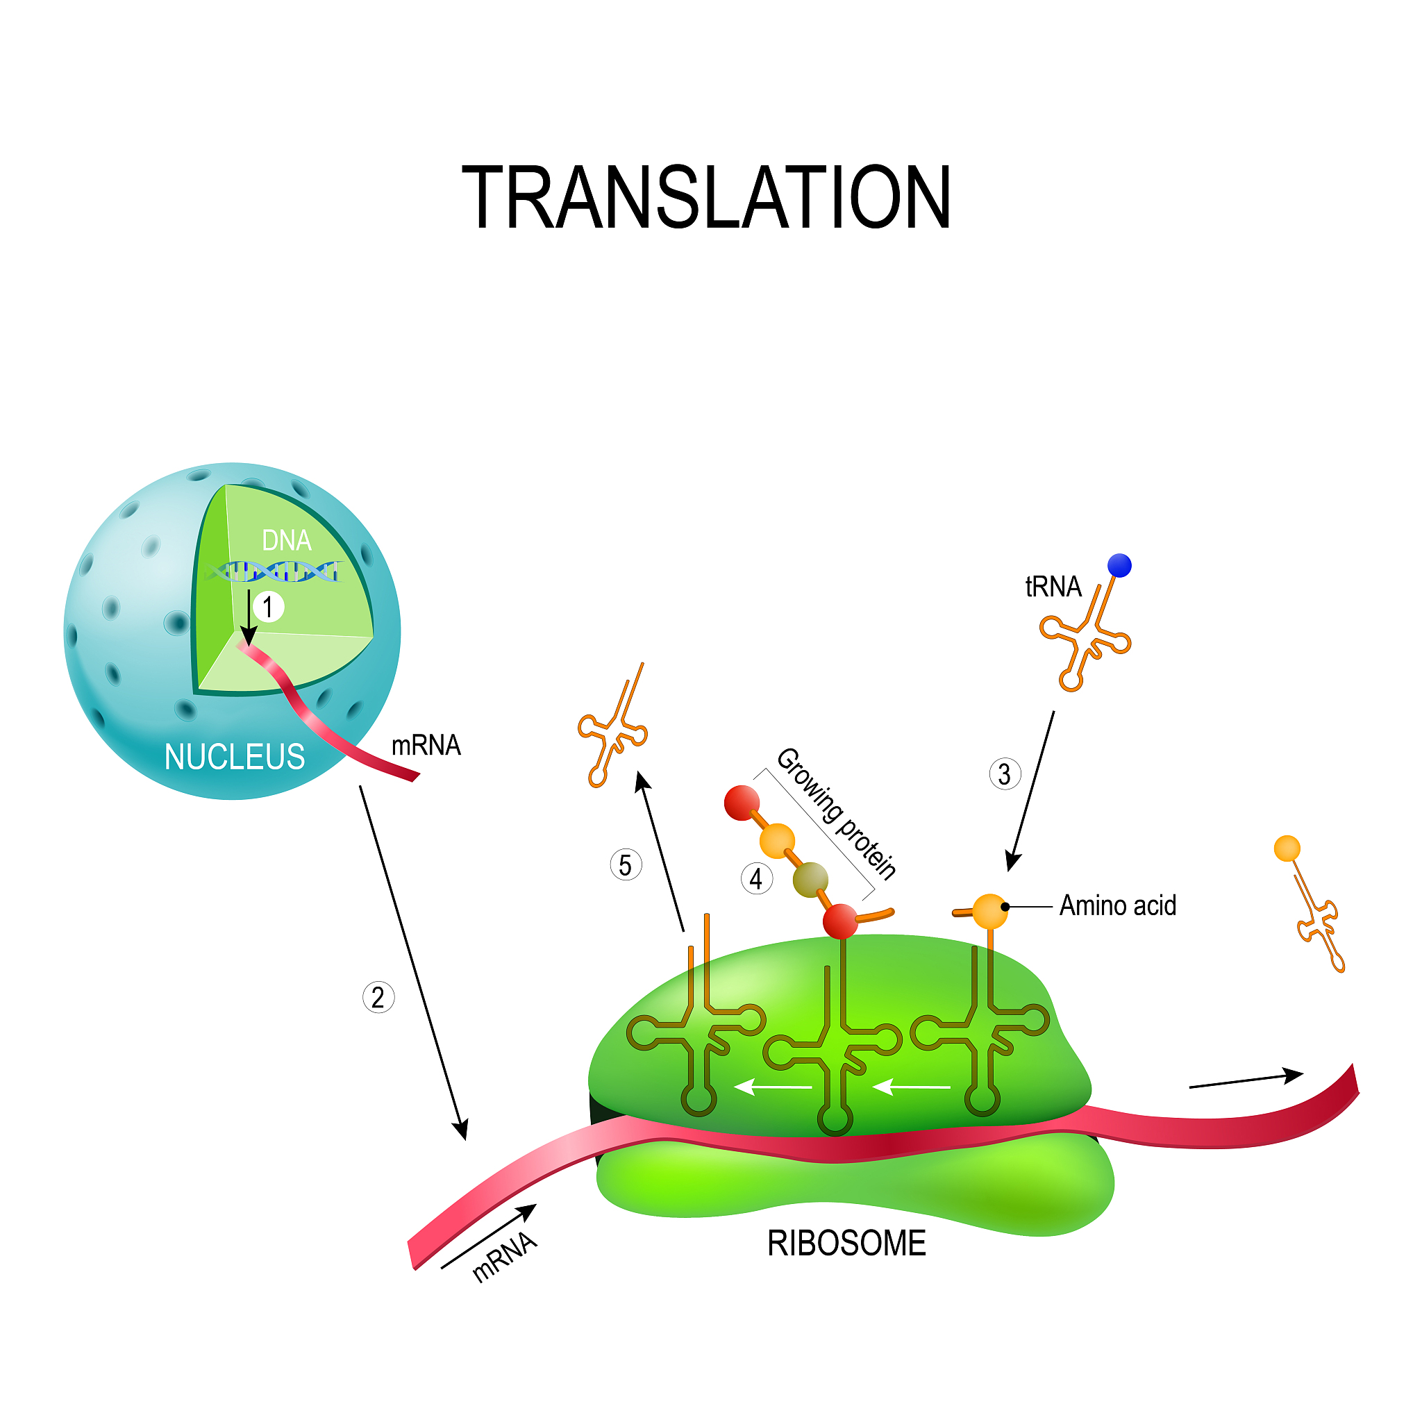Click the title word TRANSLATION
(x=706, y=197)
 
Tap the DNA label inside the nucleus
(x=286, y=541)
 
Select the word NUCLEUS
(x=234, y=757)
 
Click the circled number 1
(x=268, y=608)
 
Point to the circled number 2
(x=378, y=998)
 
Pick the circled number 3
(x=1005, y=774)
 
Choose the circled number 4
(x=756, y=879)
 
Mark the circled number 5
(x=626, y=866)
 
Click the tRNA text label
(x=1053, y=587)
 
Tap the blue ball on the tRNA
(x=1119, y=565)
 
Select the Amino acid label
(x=1117, y=905)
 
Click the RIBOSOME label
(x=846, y=1243)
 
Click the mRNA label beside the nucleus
(x=426, y=746)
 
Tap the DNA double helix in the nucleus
(x=276, y=571)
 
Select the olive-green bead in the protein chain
(x=810, y=880)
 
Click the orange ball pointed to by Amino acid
(x=990, y=911)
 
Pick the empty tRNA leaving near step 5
(x=613, y=728)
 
